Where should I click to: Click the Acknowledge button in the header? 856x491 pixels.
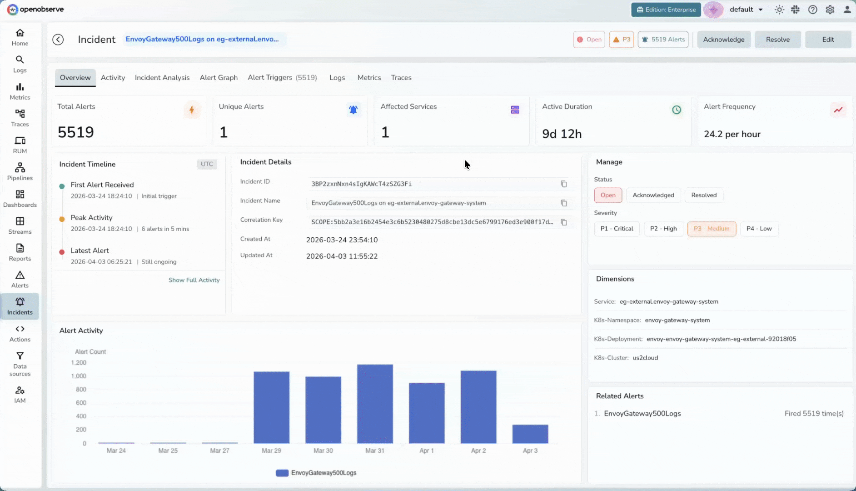(x=723, y=40)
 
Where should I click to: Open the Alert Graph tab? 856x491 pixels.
(x=219, y=78)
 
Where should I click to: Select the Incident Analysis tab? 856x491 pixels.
(x=162, y=78)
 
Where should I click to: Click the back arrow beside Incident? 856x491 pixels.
(x=58, y=40)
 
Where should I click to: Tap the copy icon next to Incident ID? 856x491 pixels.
(x=563, y=184)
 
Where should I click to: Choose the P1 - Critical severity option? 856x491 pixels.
(x=617, y=229)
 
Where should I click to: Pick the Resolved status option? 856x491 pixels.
(x=703, y=195)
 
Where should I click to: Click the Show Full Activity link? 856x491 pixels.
(x=194, y=280)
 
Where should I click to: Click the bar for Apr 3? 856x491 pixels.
(x=530, y=434)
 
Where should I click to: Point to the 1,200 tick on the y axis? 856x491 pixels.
(x=79, y=363)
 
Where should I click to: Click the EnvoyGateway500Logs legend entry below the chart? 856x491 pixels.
(x=316, y=473)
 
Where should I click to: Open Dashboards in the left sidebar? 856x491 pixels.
(x=20, y=199)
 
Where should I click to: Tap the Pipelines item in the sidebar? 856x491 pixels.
(x=20, y=172)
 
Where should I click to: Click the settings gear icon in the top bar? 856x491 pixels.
(x=830, y=10)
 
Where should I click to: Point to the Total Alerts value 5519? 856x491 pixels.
(x=76, y=132)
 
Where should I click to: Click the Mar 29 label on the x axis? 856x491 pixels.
(x=271, y=451)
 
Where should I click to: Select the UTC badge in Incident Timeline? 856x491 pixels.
(x=207, y=164)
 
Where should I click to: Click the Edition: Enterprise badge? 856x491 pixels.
(x=666, y=10)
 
